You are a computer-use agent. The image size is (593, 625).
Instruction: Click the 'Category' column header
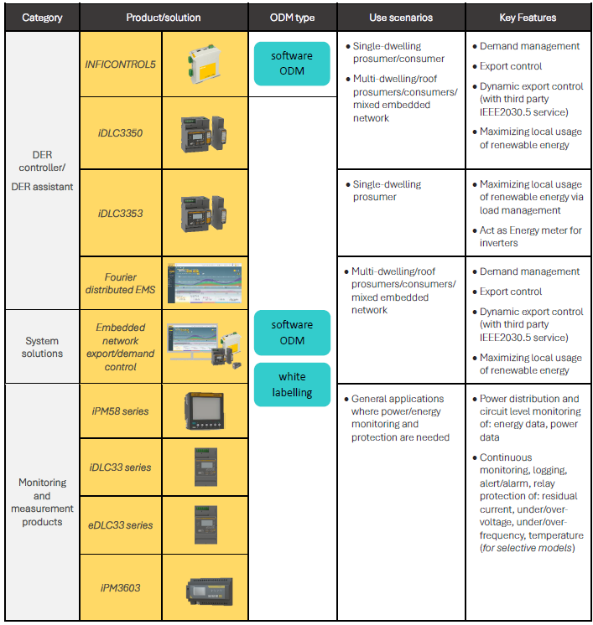(42, 18)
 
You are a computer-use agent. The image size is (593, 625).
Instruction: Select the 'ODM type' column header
(293, 18)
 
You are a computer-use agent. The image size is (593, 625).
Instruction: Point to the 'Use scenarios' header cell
(400, 18)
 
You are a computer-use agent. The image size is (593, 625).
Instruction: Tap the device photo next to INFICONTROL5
(205, 64)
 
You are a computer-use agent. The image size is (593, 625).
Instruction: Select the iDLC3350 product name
(120, 132)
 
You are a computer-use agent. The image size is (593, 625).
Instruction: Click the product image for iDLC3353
(205, 213)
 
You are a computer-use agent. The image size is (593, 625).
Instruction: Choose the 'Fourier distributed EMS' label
(121, 283)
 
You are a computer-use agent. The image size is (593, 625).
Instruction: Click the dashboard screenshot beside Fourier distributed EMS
(205, 282)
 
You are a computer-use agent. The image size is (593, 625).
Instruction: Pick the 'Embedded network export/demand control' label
(121, 347)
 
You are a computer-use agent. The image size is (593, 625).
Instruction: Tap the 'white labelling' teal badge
(293, 385)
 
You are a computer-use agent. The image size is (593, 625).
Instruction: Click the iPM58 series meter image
(205, 411)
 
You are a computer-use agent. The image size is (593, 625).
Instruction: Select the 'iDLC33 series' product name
(121, 467)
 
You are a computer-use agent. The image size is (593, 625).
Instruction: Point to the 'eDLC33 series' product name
(121, 525)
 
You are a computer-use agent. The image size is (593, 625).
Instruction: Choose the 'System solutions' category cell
(42, 347)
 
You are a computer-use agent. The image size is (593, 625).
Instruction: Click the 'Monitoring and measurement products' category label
(42, 502)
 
